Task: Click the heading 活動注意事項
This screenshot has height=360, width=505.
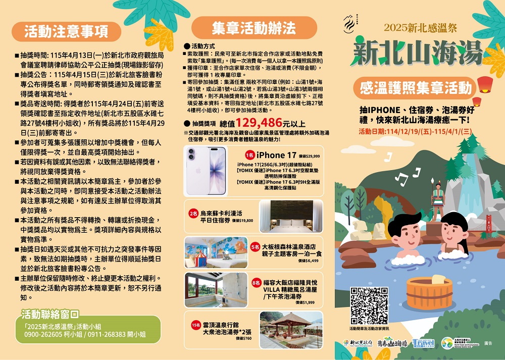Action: click(67, 31)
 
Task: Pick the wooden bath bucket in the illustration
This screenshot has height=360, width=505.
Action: click(429, 292)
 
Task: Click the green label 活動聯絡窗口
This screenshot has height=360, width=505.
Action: click(49, 315)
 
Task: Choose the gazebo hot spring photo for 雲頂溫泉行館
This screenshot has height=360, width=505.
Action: click(290, 330)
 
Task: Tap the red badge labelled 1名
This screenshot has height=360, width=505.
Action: click(249, 155)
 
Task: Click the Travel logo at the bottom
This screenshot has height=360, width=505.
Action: click(423, 343)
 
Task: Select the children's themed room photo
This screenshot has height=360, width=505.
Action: click(216, 252)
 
